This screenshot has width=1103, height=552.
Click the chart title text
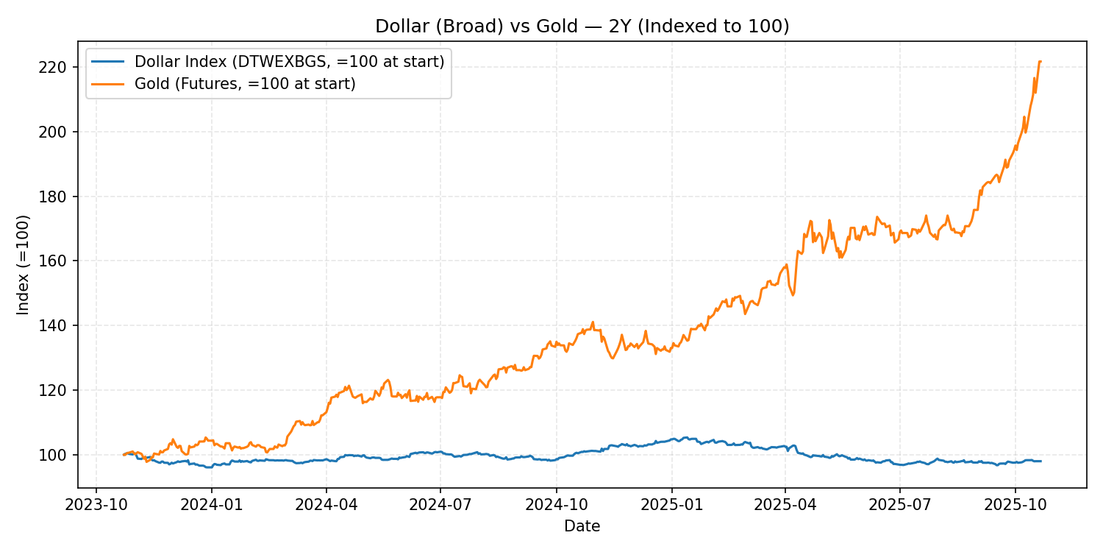[582, 26]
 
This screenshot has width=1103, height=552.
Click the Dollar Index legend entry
[289, 62]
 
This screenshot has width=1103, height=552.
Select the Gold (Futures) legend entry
[245, 84]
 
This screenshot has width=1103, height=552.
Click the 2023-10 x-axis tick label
[96, 505]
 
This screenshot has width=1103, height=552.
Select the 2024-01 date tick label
[212, 505]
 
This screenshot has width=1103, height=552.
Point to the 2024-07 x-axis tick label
[440, 505]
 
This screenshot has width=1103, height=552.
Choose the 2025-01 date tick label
[671, 505]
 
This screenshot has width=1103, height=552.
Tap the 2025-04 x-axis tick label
[785, 505]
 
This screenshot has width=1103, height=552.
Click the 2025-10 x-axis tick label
[1015, 505]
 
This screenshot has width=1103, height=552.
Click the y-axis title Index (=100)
[24, 265]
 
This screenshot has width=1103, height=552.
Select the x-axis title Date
[582, 526]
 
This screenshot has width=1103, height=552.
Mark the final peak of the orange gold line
[1040, 61]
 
